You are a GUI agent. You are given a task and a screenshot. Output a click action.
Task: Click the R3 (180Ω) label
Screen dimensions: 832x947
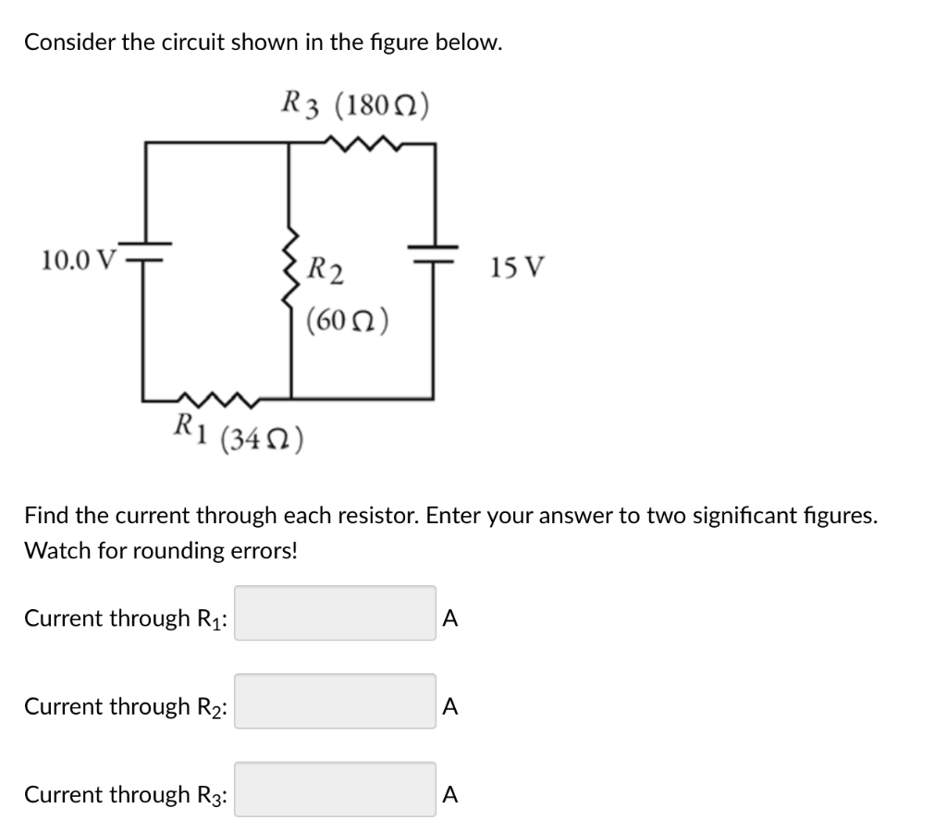tap(355, 104)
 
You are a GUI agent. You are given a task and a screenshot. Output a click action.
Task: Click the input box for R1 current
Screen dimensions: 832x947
tap(335, 614)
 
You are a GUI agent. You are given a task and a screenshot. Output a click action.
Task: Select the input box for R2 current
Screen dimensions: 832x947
tap(335, 702)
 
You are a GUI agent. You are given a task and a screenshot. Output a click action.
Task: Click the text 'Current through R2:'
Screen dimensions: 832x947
tap(128, 706)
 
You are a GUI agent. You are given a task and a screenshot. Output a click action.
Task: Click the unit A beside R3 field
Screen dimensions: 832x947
tap(449, 794)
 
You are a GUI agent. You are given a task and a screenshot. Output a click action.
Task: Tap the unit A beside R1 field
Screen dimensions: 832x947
tap(449, 618)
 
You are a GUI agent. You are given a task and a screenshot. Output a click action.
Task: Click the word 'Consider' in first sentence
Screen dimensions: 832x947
tap(69, 42)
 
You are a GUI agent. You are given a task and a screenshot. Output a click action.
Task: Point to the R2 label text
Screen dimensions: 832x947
tap(326, 272)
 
